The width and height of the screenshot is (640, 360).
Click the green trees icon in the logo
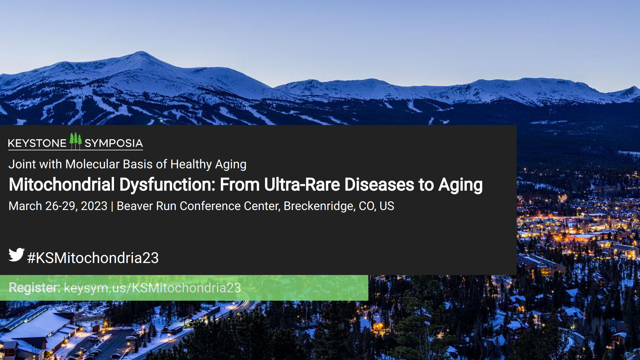tap(76, 141)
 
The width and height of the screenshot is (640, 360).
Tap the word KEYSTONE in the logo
tap(37, 143)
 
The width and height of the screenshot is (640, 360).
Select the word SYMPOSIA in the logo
tap(114, 143)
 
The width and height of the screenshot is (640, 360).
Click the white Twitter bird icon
tap(16, 255)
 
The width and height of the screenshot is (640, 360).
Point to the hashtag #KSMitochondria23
tap(93, 258)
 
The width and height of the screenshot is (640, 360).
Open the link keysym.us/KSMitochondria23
tap(152, 288)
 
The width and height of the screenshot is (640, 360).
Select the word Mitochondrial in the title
tap(62, 185)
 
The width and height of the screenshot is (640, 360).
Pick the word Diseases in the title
tap(379, 185)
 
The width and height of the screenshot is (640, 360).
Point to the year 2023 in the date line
tap(94, 206)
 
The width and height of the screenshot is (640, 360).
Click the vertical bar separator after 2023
tap(112, 206)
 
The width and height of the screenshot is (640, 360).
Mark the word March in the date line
tap(25, 206)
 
